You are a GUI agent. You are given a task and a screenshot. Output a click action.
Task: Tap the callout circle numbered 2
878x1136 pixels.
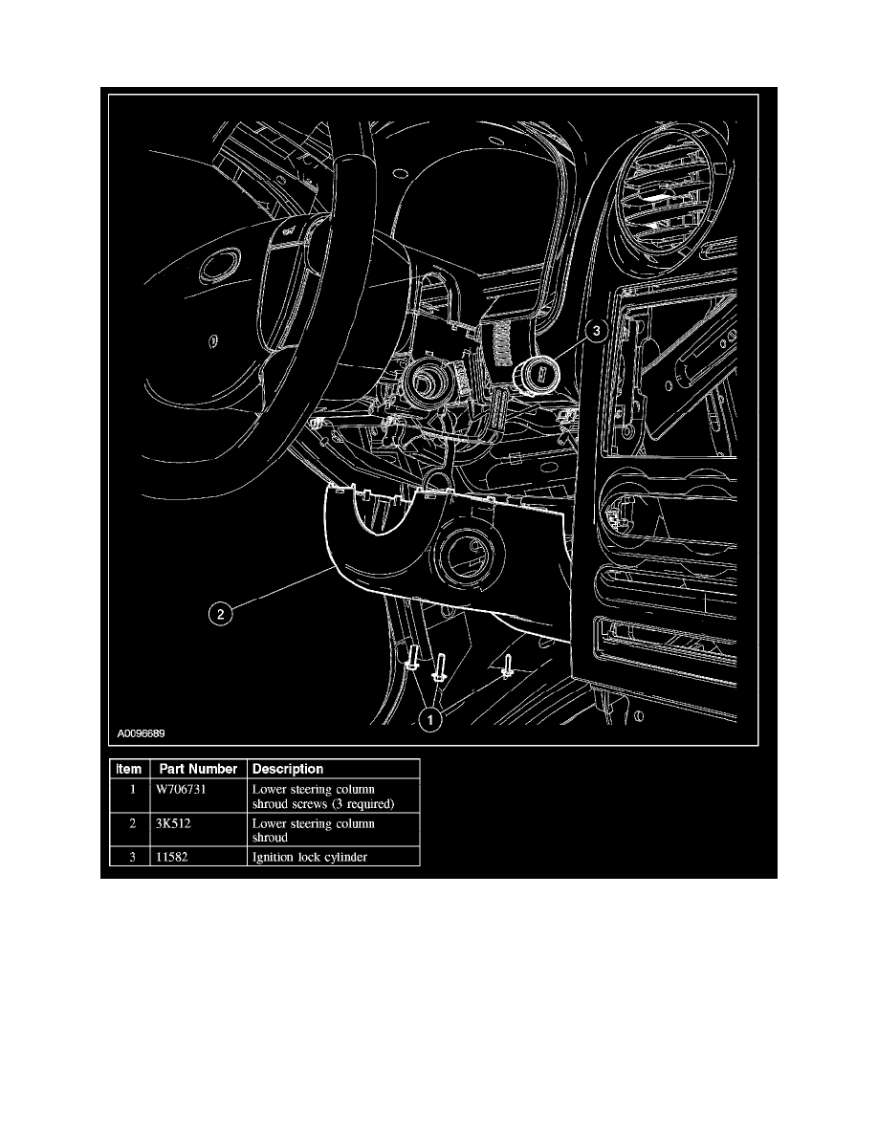[x=221, y=614]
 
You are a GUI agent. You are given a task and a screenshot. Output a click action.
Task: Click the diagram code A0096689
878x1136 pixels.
[x=143, y=735]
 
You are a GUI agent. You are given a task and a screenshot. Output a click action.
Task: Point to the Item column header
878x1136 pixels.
[x=128, y=769]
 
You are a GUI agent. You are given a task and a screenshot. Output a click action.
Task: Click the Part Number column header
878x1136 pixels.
[x=198, y=769]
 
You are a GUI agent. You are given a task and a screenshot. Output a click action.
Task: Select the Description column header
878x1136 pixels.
[x=288, y=769]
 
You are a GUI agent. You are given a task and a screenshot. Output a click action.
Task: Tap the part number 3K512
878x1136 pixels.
[x=172, y=823]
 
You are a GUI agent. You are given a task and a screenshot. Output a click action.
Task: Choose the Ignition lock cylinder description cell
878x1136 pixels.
[x=310, y=857]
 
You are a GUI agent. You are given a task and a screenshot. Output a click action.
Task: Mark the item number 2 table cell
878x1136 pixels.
[x=128, y=823]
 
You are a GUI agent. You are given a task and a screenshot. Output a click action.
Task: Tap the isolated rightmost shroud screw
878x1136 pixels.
[x=507, y=666]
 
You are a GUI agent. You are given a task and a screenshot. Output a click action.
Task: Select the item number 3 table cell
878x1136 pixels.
[x=128, y=857]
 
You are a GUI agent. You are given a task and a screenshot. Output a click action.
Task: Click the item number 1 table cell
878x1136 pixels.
[x=128, y=790]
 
